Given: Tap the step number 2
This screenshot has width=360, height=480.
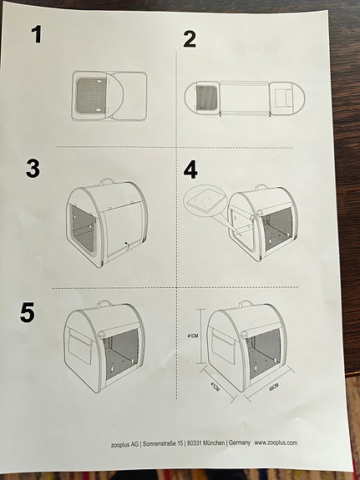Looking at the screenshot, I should pos(190,38).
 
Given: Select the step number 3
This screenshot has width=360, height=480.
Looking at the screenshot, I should pos(33,169).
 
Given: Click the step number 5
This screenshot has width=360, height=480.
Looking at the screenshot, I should pos(28,312).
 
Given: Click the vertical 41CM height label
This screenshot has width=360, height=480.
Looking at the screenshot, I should pos(192,336).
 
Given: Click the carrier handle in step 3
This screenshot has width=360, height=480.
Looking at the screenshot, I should pos(107,181).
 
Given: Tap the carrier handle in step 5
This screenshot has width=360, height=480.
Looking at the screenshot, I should pos(104,305).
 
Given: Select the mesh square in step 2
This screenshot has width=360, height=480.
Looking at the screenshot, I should pos(205,98).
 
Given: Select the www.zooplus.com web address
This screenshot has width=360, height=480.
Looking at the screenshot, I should pos(276,443).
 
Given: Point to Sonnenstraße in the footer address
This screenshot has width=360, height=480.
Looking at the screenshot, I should pos(153,443).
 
